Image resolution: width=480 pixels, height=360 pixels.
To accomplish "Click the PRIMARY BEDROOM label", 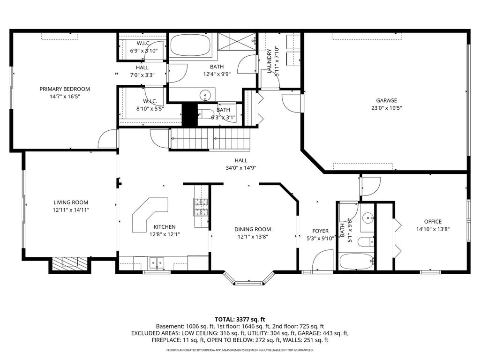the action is click(x=65, y=89).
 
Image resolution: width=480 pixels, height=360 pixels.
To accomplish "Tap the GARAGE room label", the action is click(x=386, y=100).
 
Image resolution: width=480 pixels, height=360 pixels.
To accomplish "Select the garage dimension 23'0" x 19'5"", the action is click(x=386, y=108).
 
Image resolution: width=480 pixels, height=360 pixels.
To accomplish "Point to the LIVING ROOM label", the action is click(x=71, y=202).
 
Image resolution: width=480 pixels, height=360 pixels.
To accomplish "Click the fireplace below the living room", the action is click(x=69, y=263).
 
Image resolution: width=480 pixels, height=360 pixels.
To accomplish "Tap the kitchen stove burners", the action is click(x=201, y=207).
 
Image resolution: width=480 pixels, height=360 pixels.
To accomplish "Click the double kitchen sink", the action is click(x=157, y=262).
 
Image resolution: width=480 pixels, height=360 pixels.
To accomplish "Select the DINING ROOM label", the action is click(x=253, y=229).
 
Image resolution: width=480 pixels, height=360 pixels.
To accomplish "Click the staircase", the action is click(x=210, y=139).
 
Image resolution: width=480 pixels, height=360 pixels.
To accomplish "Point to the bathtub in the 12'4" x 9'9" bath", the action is click(x=190, y=45).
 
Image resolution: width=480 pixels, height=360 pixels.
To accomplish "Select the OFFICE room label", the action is click(x=433, y=222).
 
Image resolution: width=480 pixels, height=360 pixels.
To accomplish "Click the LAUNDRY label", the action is click(x=270, y=61).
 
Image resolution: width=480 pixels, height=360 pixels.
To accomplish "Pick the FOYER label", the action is click(x=320, y=231).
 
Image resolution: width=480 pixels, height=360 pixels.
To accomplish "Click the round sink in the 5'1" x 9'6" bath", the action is click(x=367, y=218).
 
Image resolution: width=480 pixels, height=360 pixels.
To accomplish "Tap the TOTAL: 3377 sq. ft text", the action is click(x=240, y=320).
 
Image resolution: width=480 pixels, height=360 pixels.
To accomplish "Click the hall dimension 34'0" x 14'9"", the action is click(x=240, y=168).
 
